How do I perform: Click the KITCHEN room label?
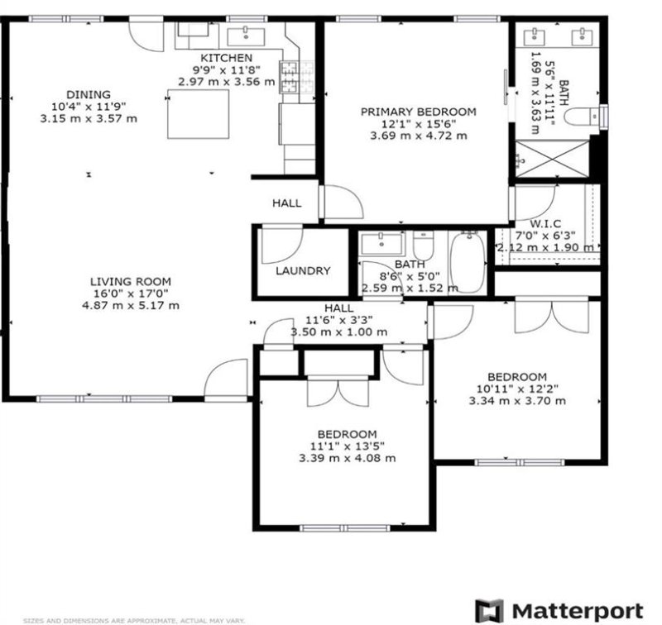coord(227,58)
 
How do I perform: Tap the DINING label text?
coord(89,94)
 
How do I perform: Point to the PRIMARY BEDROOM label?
coord(418,112)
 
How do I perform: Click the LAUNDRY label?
coord(303,270)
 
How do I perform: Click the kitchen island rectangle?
coord(199,113)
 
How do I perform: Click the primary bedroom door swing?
coord(341,203)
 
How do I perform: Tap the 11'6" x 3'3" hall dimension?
coord(339,320)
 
